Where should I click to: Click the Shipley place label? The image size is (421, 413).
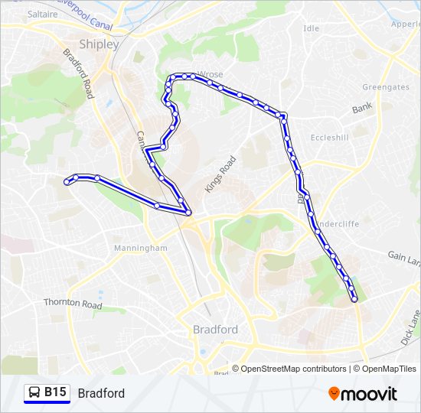(x=99, y=44)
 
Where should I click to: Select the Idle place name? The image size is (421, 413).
(x=311, y=28)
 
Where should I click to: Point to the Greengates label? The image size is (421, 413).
(x=385, y=87)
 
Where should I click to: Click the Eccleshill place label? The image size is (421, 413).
(x=330, y=138)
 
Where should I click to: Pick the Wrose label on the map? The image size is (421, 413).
(x=210, y=75)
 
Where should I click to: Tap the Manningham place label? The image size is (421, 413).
(x=140, y=249)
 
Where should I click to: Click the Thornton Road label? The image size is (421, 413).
(x=73, y=304)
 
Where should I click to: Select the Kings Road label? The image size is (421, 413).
(x=220, y=174)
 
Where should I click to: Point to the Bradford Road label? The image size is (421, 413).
(x=78, y=74)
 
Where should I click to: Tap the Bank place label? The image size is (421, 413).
(x=361, y=109)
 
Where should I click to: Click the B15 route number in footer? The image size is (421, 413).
(x=54, y=392)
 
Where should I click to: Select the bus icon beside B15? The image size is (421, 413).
(x=33, y=392)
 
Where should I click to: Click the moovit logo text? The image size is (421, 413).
(x=369, y=394)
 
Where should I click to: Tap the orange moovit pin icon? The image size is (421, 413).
(x=334, y=394)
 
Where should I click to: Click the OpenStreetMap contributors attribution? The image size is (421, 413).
(x=293, y=369)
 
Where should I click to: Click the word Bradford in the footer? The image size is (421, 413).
(x=101, y=393)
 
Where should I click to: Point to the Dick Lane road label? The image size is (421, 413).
(x=410, y=327)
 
